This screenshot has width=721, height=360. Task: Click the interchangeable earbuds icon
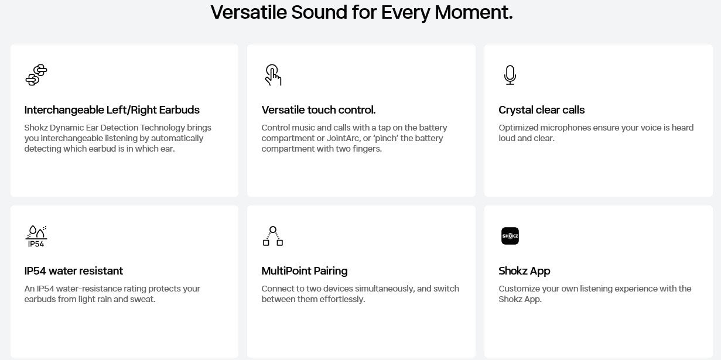click(x=36, y=75)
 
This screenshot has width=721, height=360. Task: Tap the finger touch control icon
click(x=273, y=75)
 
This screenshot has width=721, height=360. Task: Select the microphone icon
click(x=510, y=75)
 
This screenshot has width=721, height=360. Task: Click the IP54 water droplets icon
click(x=36, y=236)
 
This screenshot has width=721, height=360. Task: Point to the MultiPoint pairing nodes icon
click(x=273, y=236)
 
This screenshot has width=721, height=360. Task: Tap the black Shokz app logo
click(x=510, y=236)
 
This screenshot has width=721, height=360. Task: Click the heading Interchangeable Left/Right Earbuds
click(x=112, y=110)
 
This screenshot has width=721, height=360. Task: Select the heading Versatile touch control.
click(x=319, y=110)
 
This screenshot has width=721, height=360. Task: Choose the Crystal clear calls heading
click(x=541, y=110)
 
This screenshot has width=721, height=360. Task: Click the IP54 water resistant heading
click(x=73, y=271)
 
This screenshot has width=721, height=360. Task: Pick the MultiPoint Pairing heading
click(x=304, y=271)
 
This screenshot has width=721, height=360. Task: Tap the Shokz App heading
click(x=524, y=271)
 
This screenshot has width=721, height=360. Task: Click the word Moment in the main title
click(x=473, y=12)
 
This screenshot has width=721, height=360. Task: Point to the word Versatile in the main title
click(x=248, y=12)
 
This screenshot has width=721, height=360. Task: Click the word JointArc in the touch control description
click(x=343, y=138)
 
